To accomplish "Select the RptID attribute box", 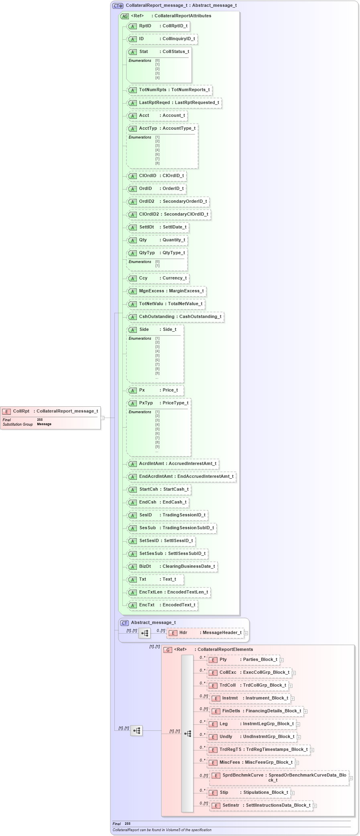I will pyautogui.click(x=158, y=26).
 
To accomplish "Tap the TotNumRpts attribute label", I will pyautogui.click(x=153, y=90).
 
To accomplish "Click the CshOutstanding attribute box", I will pyautogui.click(x=175, y=317).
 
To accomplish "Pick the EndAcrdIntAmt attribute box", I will pyautogui.click(x=181, y=477).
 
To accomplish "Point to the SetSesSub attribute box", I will pyautogui.click(x=167, y=554).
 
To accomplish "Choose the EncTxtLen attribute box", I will pyautogui.click(x=169, y=592).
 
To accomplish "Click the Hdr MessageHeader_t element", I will pyautogui.click(x=205, y=633).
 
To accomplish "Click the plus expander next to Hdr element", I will pyautogui.click(x=246, y=633).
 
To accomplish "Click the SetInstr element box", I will pyautogui.click(x=261, y=805).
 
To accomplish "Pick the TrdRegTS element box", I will pyautogui.click(x=259, y=750).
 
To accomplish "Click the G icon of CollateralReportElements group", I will pyautogui.click(x=168, y=650).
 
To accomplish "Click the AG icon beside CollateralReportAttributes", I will pyautogui.click(x=125, y=16).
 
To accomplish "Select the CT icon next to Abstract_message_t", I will pyautogui.click(x=124, y=623).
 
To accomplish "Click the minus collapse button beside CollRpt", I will pyautogui.click(x=102, y=418).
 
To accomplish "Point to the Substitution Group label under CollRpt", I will pyautogui.click(x=18, y=424).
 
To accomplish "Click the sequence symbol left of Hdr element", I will pyautogui.click(x=144, y=633).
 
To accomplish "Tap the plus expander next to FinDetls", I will pyautogui.click(x=305, y=712).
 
